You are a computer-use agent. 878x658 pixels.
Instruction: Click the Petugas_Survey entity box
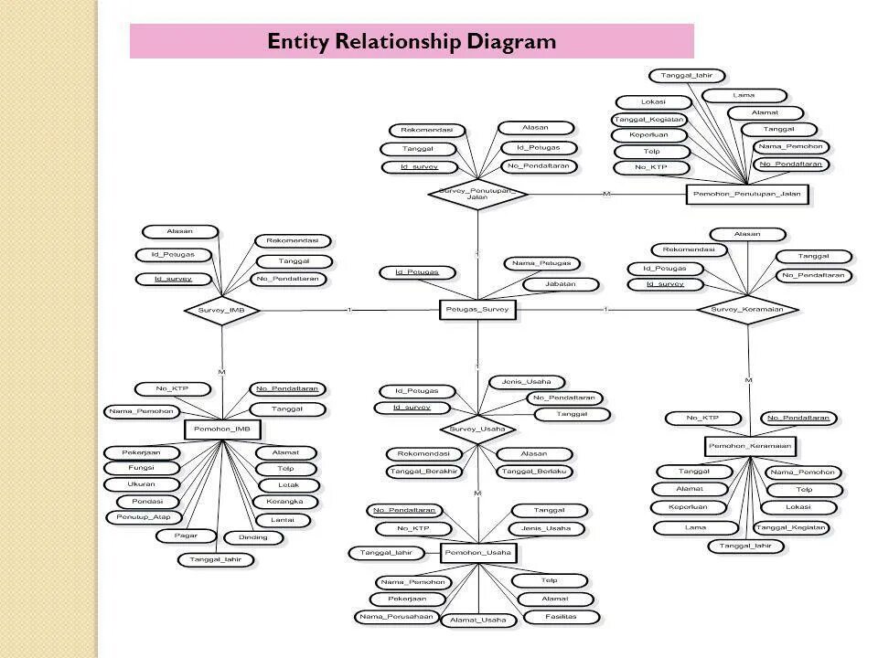(x=477, y=311)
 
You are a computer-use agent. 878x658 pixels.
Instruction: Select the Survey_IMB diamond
(x=221, y=311)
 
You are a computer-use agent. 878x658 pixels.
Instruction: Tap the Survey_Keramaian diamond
(x=747, y=310)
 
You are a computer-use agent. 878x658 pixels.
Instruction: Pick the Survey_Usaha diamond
(x=477, y=429)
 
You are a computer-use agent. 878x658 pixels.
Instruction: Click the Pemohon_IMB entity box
(x=223, y=429)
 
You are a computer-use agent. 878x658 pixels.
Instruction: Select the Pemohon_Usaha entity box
(x=477, y=553)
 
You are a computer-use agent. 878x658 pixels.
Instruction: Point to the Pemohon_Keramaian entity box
(x=750, y=446)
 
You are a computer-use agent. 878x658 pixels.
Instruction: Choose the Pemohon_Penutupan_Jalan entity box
(x=748, y=194)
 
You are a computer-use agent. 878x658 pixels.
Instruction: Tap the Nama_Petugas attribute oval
(x=541, y=264)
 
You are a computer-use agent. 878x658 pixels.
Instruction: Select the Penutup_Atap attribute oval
(x=143, y=517)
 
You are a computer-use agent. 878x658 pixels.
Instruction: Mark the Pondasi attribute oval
(x=146, y=501)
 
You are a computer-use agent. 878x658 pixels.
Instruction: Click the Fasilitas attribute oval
(x=562, y=617)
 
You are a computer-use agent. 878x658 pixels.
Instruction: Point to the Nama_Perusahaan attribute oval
(x=396, y=617)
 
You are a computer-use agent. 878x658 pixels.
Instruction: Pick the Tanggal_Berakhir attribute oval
(x=423, y=471)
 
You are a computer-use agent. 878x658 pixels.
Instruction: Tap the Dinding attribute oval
(x=253, y=536)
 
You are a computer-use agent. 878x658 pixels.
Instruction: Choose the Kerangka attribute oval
(x=286, y=502)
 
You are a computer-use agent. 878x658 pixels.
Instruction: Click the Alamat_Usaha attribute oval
(x=477, y=621)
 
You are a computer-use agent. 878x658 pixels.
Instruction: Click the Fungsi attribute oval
(x=141, y=468)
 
